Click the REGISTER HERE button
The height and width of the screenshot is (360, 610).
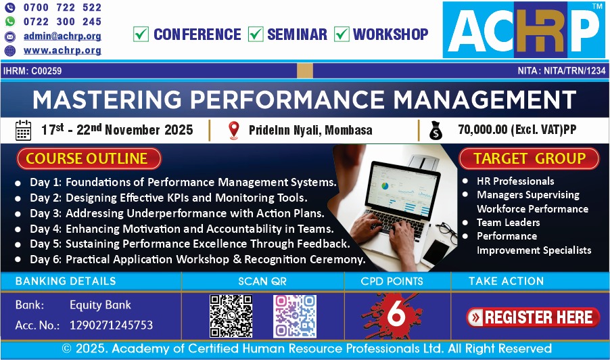[533, 317]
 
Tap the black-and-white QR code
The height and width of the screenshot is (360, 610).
[231, 316]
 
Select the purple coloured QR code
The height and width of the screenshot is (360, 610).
[294, 316]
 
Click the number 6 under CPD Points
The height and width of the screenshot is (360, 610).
[396, 313]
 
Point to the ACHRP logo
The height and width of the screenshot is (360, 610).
[523, 30]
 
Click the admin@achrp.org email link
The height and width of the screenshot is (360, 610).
[62, 36]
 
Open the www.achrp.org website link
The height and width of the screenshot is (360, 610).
[62, 51]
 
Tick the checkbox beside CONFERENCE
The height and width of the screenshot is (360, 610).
[141, 34]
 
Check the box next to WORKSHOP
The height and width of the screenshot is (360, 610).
[342, 34]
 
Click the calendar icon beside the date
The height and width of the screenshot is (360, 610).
[23, 130]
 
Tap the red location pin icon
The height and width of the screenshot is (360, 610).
[234, 130]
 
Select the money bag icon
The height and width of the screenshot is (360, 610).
[436, 131]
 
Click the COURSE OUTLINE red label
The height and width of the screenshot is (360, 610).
[89, 158]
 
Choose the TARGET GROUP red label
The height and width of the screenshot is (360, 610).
[529, 158]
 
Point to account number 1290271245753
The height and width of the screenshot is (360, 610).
[112, 325]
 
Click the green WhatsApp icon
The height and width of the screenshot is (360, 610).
[9, 22]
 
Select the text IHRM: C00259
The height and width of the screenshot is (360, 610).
[32, 71]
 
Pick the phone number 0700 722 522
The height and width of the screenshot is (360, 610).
[62, 7]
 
